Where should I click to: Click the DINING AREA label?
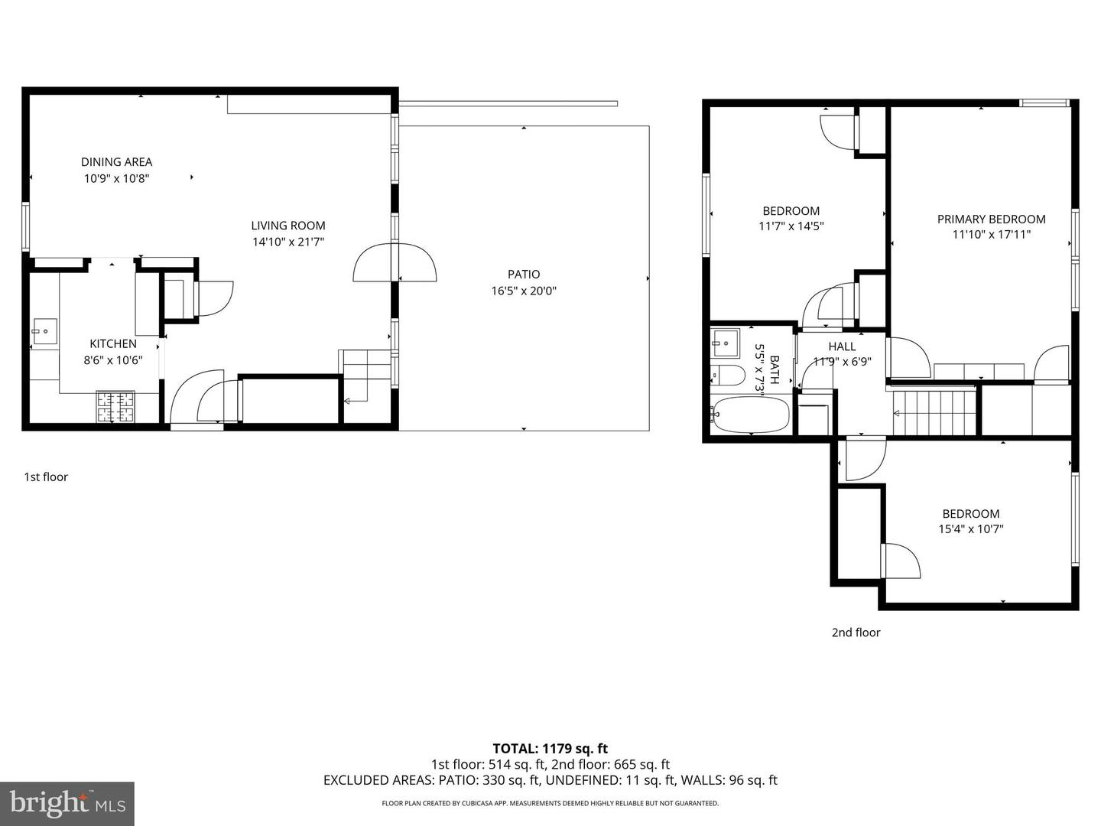click(116, 161)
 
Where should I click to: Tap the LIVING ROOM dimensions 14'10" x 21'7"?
click(288, 242)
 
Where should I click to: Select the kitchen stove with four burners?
click(115, 407)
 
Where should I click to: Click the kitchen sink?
click(45, 332)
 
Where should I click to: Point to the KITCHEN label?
click(113, 344)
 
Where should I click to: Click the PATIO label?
click(524, 274)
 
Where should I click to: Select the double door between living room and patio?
click(395, 262)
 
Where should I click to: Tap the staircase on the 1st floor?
click(365, 375)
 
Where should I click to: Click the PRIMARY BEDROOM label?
click(991, 219)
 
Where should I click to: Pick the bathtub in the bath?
click(749, 415)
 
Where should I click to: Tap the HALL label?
click(842, 346)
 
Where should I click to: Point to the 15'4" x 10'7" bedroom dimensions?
click(971, 528)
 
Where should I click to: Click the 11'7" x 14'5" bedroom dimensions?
click(791, 226)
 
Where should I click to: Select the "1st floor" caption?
click(46, 476)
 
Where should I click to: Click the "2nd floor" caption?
click(856, 633)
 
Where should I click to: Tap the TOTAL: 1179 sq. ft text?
click(550, 749)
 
